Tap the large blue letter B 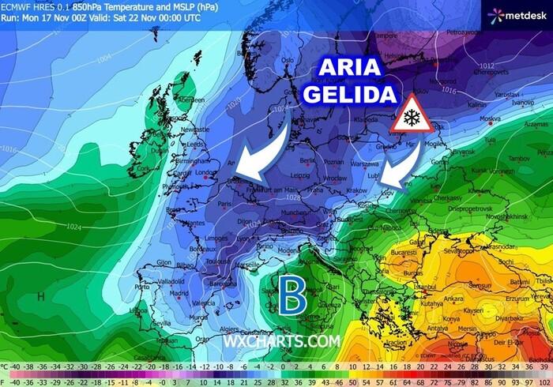point(292,296)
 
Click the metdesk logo point(517,14)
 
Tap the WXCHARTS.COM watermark point(282,341)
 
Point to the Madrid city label point(179,293)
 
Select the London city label point(205,171)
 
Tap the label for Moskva point(491,120)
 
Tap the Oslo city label point(288,59)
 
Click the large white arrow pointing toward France point(265,154)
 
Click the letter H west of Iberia point(40,297)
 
